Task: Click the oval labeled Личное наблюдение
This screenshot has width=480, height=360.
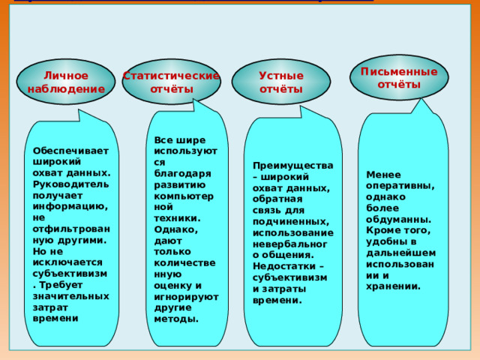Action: (x=66, y=82)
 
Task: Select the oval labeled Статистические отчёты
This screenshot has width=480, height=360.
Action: (x=172, y=82)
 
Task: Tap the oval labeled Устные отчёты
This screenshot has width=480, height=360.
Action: (x=281, y=82)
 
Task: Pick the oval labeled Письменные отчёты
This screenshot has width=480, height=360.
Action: (x=399, y=78)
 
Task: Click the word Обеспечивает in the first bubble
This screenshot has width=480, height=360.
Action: (x=70, y=151)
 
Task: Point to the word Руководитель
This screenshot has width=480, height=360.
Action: (x=70, y=184)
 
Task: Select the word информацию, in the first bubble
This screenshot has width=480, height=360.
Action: (x=70, y=207)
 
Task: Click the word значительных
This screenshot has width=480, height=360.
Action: (x=71, y=296)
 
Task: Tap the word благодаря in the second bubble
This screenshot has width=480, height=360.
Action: (x=182, y=174)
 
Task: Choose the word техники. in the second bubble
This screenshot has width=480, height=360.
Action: (x=177, y=218)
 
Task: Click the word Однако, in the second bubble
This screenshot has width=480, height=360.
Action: (x=176, y=229)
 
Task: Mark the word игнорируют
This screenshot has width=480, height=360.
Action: (x=187, y=297)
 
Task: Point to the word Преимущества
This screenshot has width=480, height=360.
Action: (x=293, y=166)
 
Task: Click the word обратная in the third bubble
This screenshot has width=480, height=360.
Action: (x=277, y=199)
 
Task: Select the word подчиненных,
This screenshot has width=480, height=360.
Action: (x=291, y=222)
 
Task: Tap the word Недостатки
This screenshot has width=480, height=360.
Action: (x=284, y=266)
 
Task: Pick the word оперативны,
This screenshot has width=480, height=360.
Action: (x=400, y=186)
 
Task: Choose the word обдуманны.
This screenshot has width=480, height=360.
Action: (x=399, y=219)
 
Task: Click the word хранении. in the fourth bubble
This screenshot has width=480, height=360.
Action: (x=393, y=286)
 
